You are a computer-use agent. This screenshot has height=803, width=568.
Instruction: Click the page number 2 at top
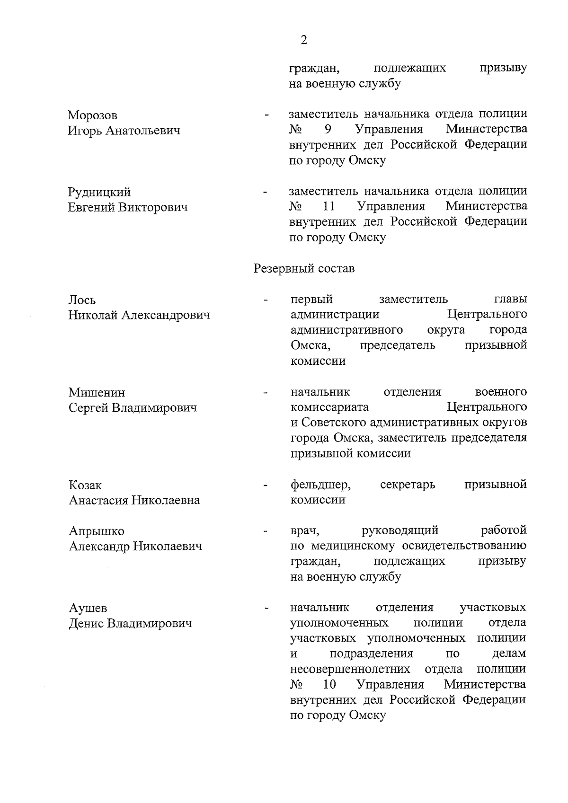point(303,40)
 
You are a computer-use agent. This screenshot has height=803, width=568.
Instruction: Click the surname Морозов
point(93,115)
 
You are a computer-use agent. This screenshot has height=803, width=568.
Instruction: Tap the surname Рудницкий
point(99,192)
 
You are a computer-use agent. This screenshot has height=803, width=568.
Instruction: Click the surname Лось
point(82,300)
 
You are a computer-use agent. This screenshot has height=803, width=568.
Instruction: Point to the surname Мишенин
point(97,392)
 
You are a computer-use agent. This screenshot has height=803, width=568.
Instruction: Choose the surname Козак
point(85,485)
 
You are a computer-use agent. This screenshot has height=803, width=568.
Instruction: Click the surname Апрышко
point(97,531)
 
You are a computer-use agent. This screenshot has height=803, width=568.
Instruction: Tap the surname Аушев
point(88,608)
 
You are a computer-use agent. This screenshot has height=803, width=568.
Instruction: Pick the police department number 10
point(329,685)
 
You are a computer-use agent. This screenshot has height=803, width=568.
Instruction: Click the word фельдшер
point(320,485)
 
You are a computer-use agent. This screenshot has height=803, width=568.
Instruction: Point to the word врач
point(304,530)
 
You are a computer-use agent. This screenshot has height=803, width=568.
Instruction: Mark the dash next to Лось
point(266,300)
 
